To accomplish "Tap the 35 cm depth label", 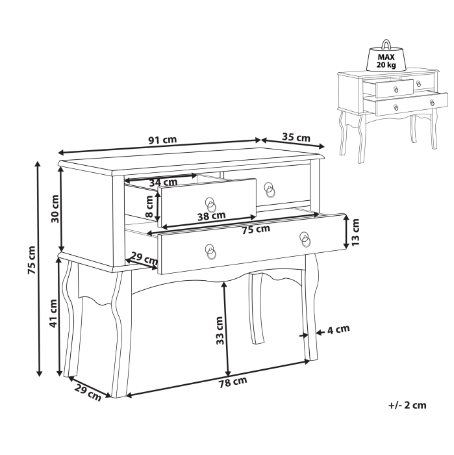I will pyautogui.click(x=296, y=137).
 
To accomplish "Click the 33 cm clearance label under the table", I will pyautogui.click(x=220, y=330).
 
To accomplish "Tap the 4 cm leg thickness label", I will pyautogui.click(x=338, y=330).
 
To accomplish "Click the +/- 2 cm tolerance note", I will pyautogui.click(x=407, y=405).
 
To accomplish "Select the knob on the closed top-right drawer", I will pyautogui.click(x=270, y=190).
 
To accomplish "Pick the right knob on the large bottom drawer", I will pyautogui.click(x=305, y=239).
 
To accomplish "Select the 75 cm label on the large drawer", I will pyautogui.click(x=255, y=229).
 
